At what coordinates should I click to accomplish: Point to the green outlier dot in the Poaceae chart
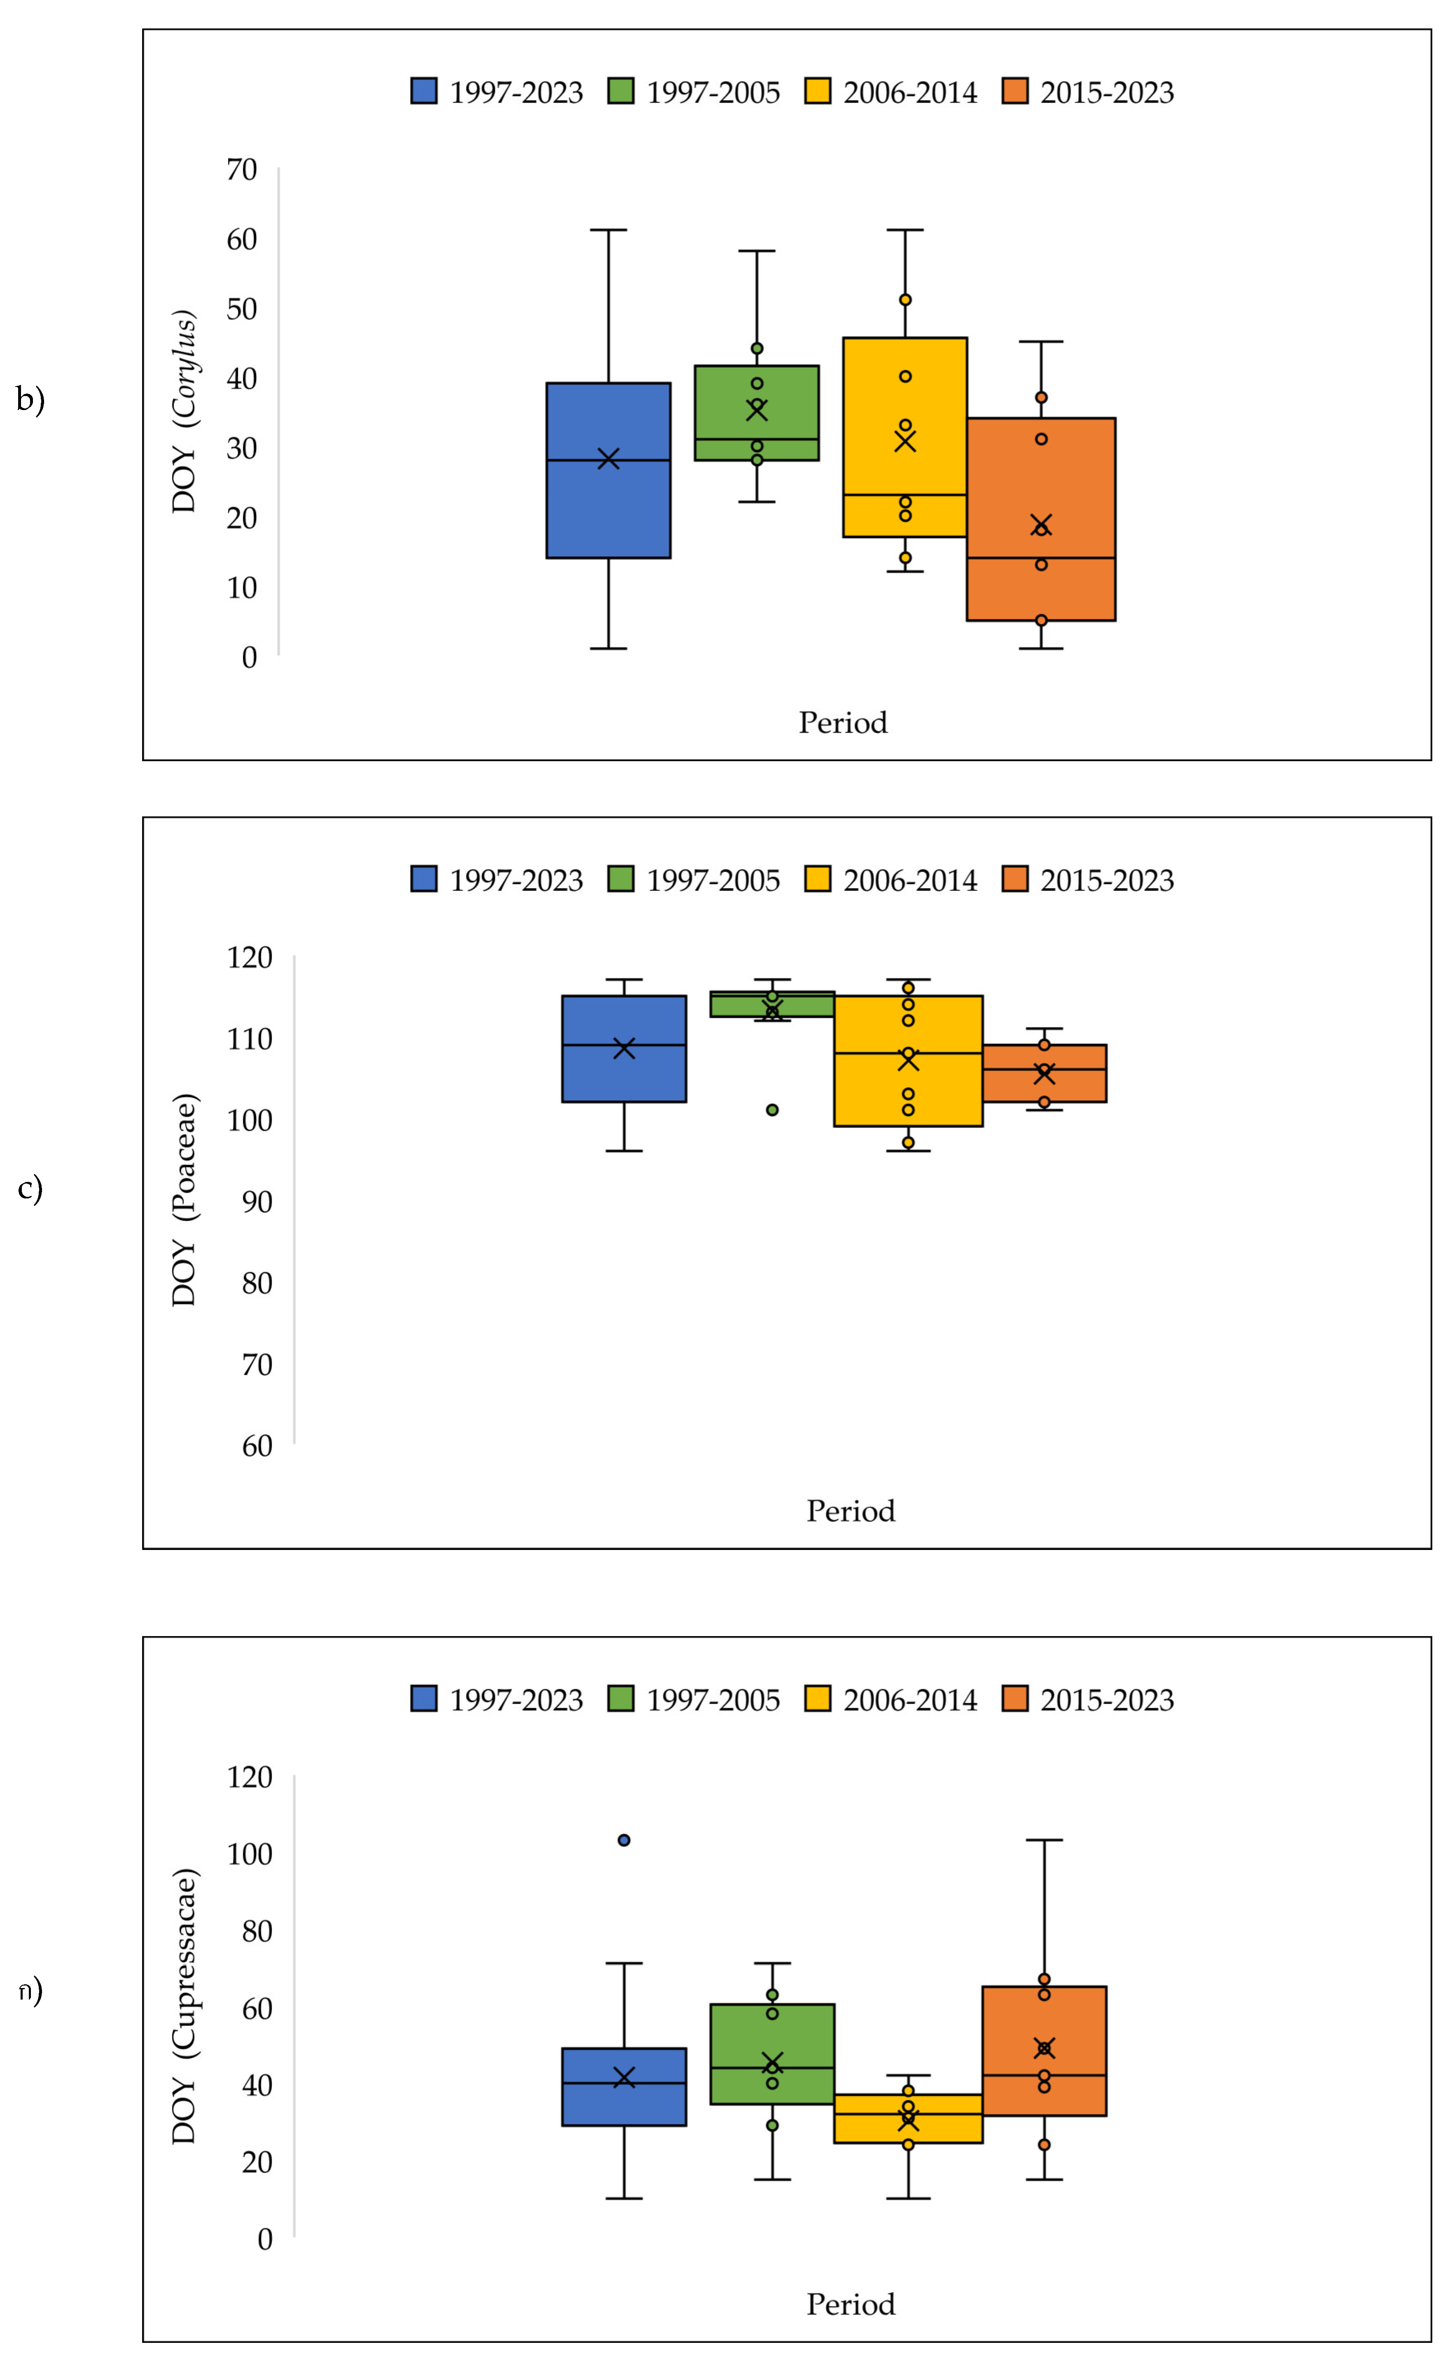[x=772, y=1110]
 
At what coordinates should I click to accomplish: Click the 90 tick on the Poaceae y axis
[x=257, y=1201]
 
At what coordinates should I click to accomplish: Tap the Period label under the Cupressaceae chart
[x=849, y=2304]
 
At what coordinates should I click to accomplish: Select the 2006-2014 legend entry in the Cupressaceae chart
[x=891, y=1699]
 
